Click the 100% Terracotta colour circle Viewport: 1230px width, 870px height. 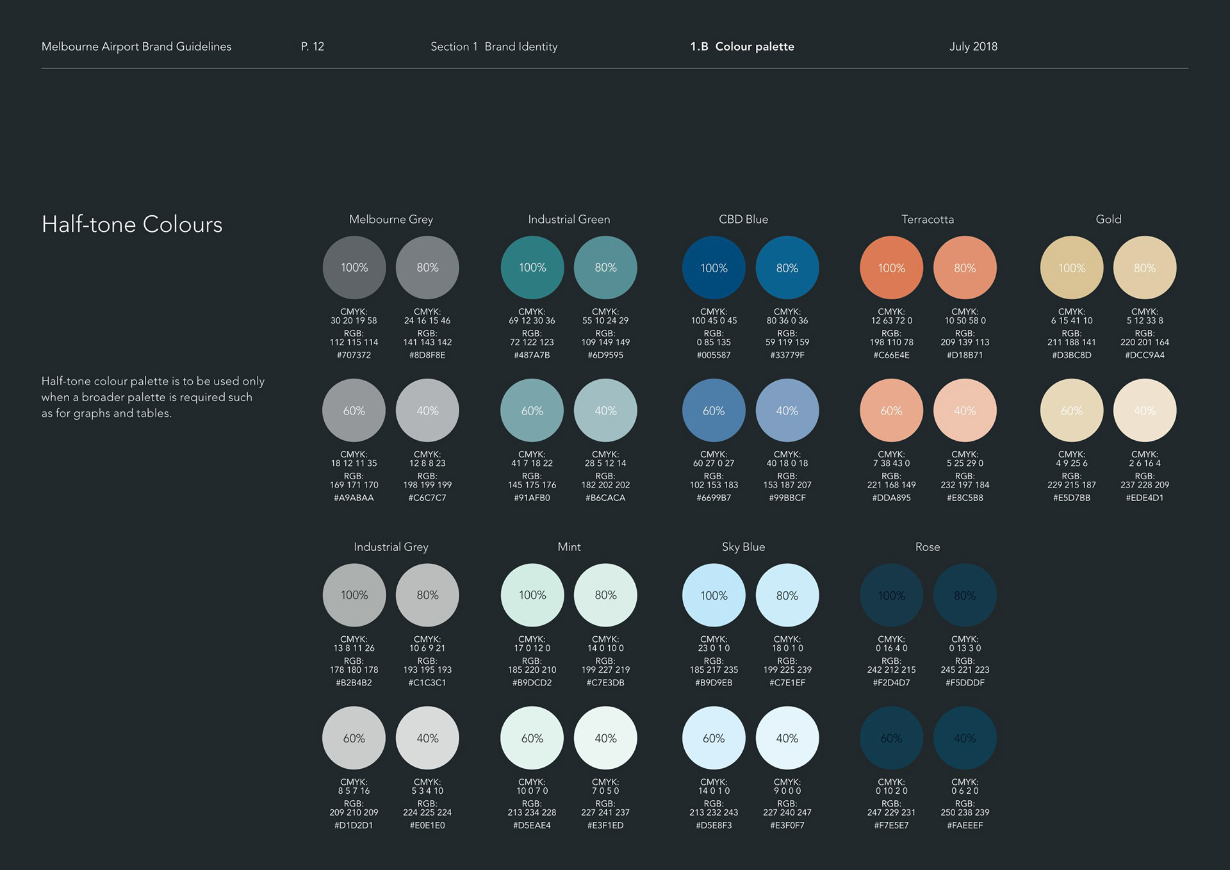pyautogui.click(x=891, y=268)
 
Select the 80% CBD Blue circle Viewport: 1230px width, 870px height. pyautogui.click(x=787, y=268)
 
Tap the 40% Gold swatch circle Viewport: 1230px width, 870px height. pyautogui.click(x=1144, y=411)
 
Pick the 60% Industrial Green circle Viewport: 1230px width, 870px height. pyautogui.click(x=532, y=411)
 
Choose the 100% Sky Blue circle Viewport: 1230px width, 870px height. pyautogui.click(x=714, y=595)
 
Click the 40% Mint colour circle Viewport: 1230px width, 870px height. pyautogui.click(x=605, y=738)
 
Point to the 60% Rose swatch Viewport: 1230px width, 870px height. pyautogui.click(x=891, y=738)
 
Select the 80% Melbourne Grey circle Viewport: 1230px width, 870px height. pyautogui.click(x=427, y=268)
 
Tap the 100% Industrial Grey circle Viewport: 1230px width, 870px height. pyautogui.click(x=354, y=595)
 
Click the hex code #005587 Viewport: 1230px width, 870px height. pyautogui.click(x=714, y=355)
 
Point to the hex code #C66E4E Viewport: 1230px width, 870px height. pyautogui.click(x=891, y=355)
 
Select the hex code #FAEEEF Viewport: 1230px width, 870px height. pyautogui.click(x=965, y=825)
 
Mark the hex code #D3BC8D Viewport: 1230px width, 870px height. pyautogui.click(x=1072, y=355)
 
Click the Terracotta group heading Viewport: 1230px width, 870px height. pyautogui.click(x=928, y=219)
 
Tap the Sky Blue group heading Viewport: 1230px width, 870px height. pyautogui.click(x=743, y=546)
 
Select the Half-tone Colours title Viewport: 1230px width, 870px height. pyautogui.click(x=132, y=224)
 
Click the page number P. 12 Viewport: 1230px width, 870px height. pyautogui.click(x=313, y=46)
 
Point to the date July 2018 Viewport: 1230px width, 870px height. pyautogui.click(x=973, y=46)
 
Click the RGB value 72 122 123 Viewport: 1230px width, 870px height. pyautogui.click(x=532, y=342)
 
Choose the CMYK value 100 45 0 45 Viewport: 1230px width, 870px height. pyautogui.click(x=714, y=320)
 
